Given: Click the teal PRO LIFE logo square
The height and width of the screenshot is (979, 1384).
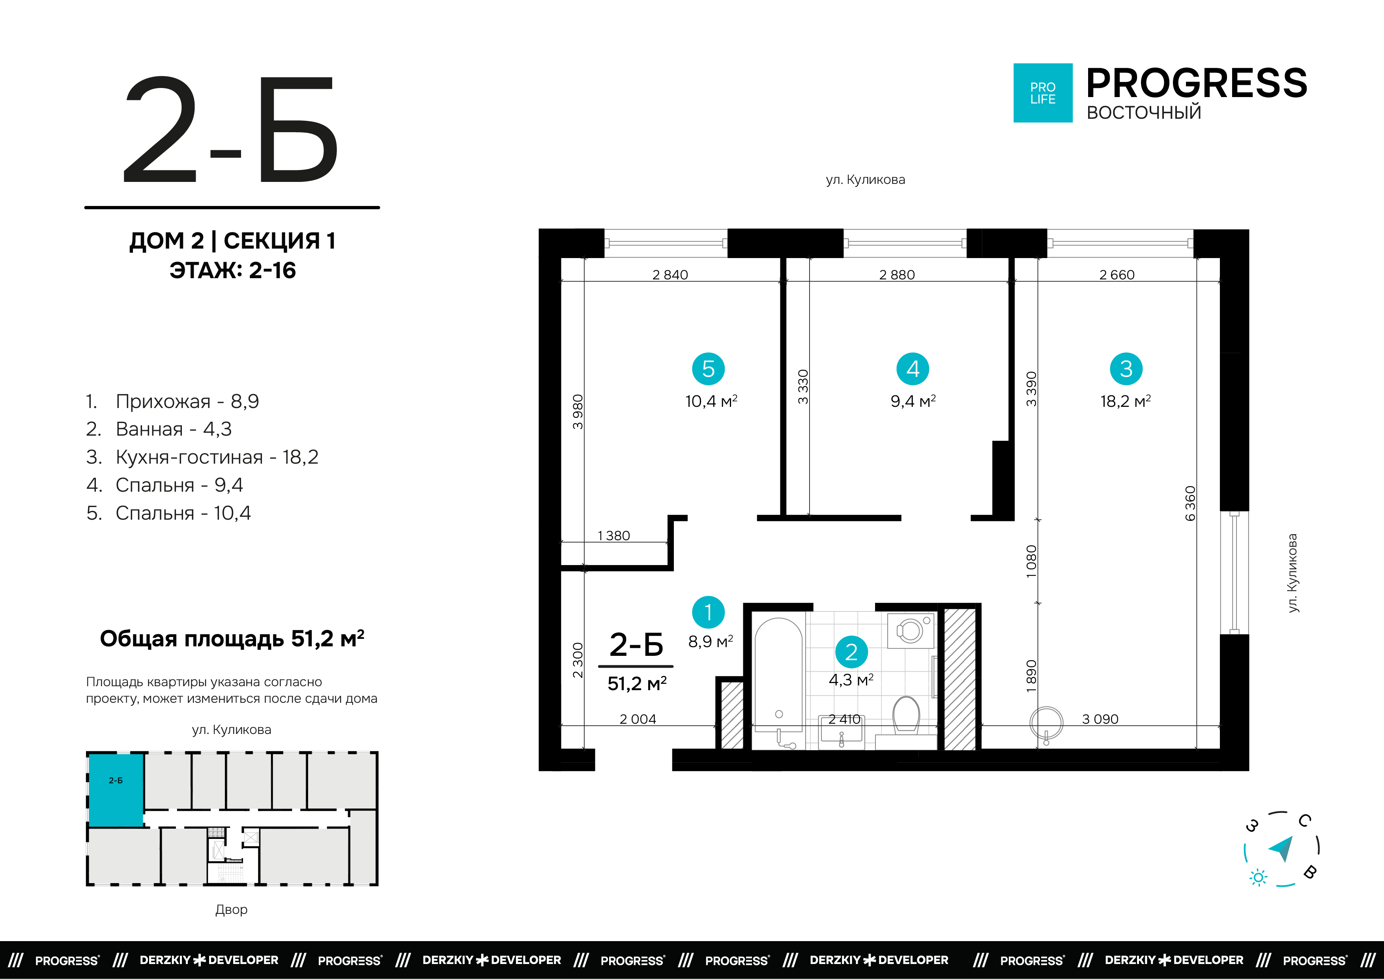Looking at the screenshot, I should point(1042,93).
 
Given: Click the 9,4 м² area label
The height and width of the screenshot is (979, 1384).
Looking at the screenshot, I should point(913,401).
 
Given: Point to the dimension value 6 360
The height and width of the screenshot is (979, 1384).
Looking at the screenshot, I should point(1190,504).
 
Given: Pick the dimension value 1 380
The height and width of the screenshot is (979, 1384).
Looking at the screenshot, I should point(613,536).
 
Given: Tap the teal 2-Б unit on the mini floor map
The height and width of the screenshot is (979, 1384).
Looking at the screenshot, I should point(116,789).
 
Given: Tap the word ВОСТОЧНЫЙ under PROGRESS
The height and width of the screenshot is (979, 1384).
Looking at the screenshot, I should point(1143,113).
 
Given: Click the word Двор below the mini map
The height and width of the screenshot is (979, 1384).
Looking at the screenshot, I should point(232,909).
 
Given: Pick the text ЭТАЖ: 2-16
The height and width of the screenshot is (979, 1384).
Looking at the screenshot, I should point(233,270).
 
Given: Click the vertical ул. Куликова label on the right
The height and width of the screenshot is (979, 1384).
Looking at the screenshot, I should point(1292,573).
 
